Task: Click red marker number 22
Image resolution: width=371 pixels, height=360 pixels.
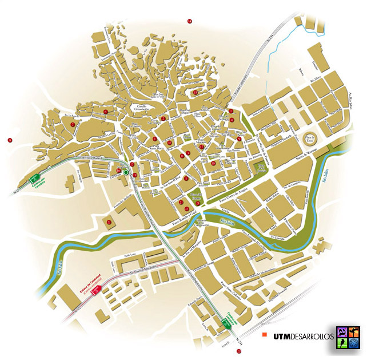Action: coord(109,221)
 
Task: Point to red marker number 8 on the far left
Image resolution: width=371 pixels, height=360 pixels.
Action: coord(10,140)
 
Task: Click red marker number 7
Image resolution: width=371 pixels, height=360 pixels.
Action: coord(73,124)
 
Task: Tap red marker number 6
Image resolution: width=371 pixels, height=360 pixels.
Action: coord(105,112)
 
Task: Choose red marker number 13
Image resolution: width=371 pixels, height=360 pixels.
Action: coord(195,92)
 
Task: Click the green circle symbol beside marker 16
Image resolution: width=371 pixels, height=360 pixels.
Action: coord(126,172)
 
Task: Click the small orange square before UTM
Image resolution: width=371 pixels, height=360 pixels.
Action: coord(265,335)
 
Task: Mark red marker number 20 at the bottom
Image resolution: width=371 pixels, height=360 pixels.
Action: coord(238,351)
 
